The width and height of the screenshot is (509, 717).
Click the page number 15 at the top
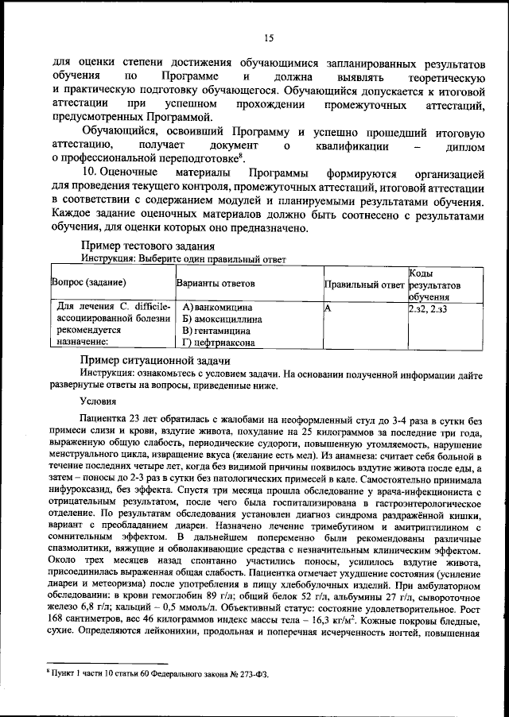click(x=270, y=37)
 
